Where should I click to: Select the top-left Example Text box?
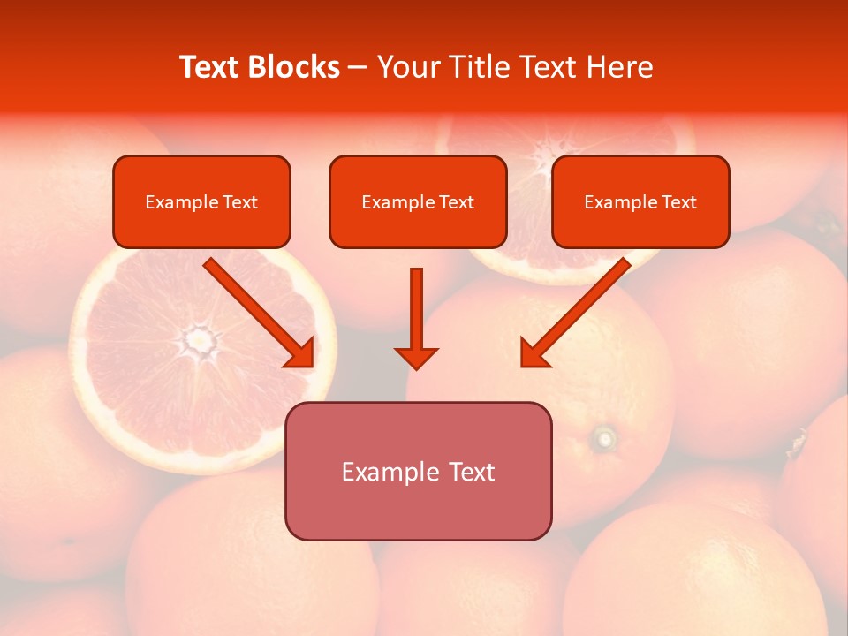(x=201, y=201)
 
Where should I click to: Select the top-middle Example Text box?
(x=418, y=201)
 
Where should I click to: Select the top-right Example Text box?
(x=640, y=201)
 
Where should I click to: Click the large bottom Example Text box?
(x=418, y=471)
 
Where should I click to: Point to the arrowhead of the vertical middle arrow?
(x=416, y=357)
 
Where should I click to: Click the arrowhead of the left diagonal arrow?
(x=300, y=353)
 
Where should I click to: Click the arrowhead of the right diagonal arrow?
(x=534, y=353)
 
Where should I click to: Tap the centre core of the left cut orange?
(x=201, y=338)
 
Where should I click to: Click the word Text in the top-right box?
(x=679, y=202)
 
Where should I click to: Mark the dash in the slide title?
(x=358, y=68)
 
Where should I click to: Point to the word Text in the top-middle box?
(x=457, y=202)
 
